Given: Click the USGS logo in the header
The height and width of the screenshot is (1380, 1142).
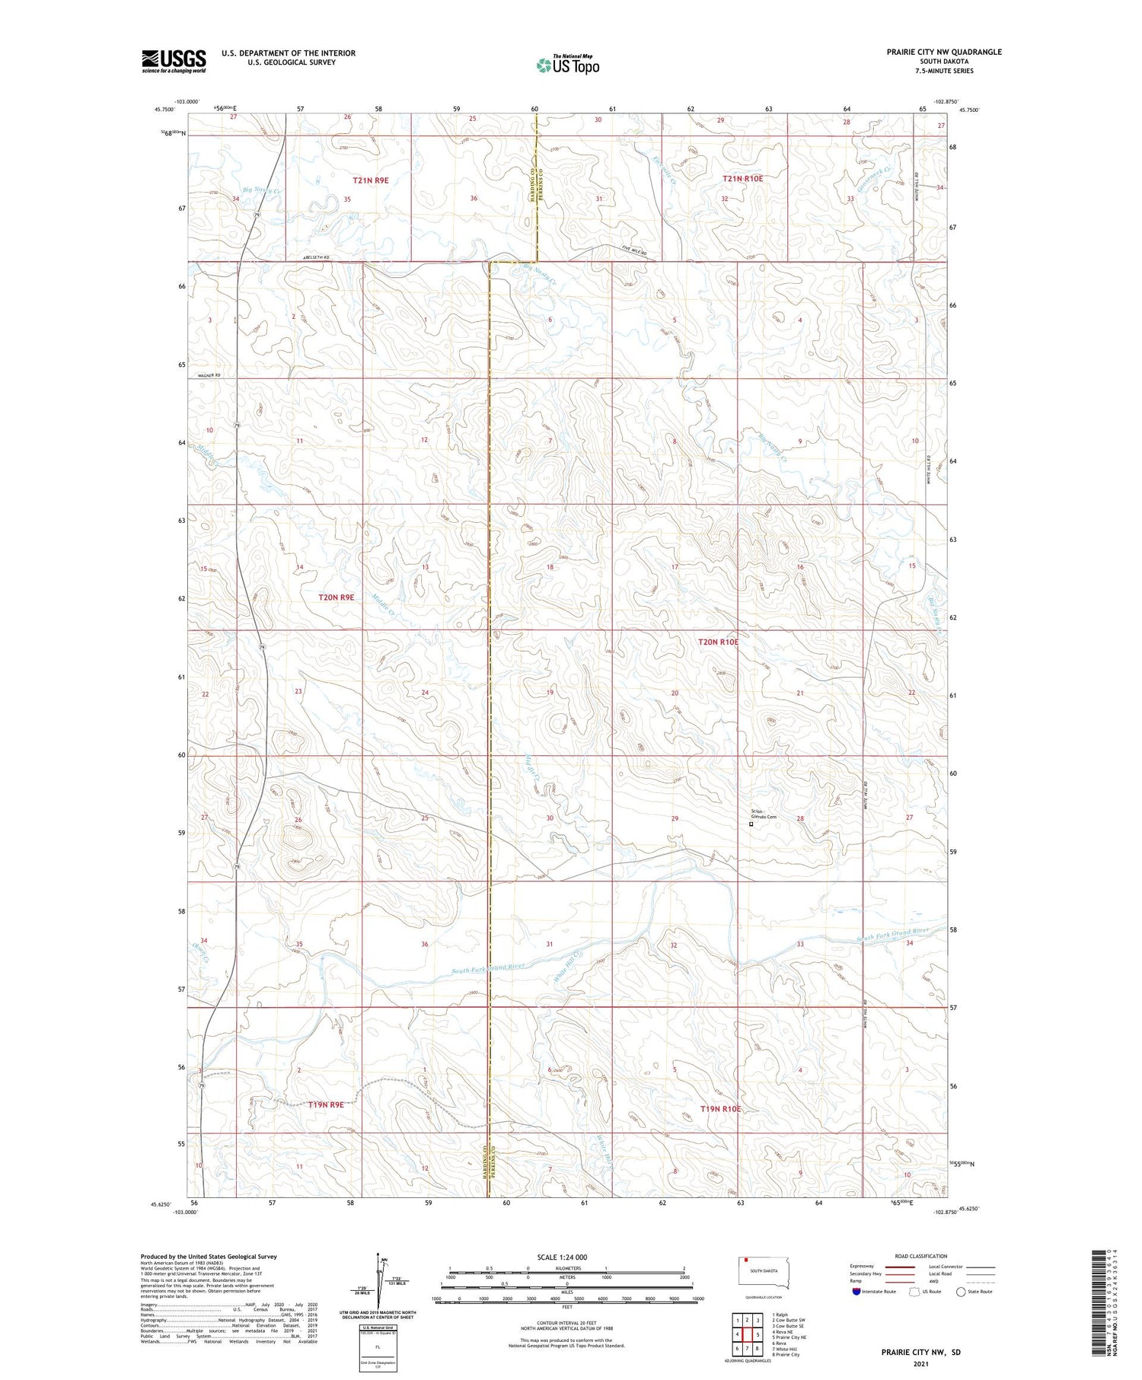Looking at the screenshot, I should click(x=174, y=61).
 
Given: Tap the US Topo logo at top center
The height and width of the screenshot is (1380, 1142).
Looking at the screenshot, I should click(x=568, y=65).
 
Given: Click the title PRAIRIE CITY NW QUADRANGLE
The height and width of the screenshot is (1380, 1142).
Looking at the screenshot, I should click(x=943, y=52).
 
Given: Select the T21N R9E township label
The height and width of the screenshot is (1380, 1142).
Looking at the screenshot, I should click(x=371, y=180).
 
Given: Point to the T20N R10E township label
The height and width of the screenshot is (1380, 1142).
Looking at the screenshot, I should click(x=718, y=642).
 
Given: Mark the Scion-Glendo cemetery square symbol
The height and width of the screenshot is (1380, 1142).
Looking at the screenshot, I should click(x=751, y=824).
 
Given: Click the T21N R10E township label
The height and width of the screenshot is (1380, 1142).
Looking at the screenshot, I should click(x=742, y=178).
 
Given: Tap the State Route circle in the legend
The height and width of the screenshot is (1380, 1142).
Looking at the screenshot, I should click(x=961, y=1291).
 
